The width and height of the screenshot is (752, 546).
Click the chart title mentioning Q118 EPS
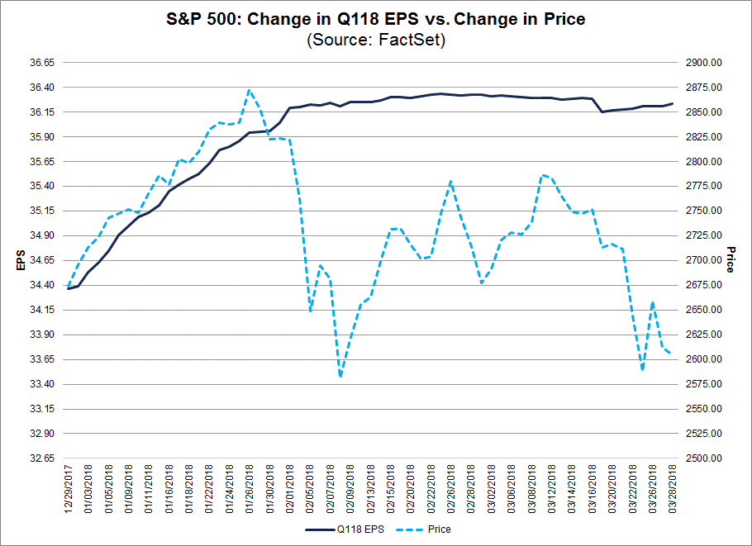click(x=376, y=19)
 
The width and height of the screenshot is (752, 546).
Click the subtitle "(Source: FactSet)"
click(x=376, y=40)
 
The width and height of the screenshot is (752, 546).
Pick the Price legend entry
click(x=429, y=529)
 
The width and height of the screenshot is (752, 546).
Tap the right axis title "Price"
click(x=731, y=260)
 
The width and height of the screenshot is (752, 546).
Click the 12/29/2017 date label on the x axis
click(x=69, y=487)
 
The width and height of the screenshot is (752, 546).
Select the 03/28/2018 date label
click(x=672, y=487)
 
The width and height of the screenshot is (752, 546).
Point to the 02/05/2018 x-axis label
click(x=311, y=487)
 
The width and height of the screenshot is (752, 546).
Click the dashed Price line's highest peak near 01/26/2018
click(x=250, y=90)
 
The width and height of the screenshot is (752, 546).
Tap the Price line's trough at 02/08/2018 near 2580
click(x=340, y=377)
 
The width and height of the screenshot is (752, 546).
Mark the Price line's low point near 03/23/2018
click(x=642, y=369)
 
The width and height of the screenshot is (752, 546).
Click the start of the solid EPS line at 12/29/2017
click(x=69, y=288)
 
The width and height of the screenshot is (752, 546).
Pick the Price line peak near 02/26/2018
click(x=450, y=181)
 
